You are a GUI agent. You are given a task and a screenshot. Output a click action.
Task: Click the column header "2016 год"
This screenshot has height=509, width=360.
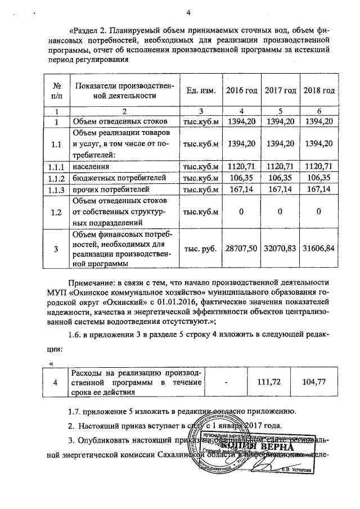(241, 91)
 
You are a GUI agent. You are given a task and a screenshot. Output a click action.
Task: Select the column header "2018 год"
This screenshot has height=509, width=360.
(319, 91)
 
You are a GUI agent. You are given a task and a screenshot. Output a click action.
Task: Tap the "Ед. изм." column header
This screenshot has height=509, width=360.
(201, 91)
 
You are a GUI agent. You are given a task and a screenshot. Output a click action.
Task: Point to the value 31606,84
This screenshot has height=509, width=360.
(319, 249)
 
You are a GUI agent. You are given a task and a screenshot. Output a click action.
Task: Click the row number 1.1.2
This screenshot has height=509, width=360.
(56, 178)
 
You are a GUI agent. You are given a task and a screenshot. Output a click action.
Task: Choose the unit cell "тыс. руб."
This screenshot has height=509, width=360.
(201, 249)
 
